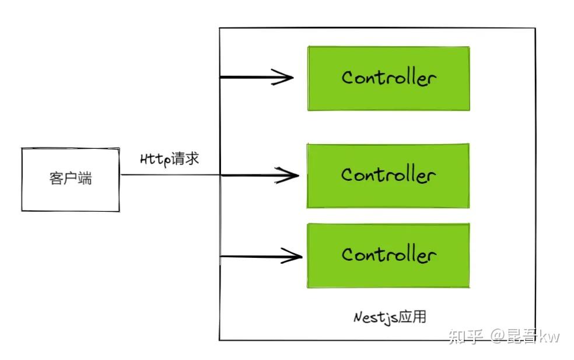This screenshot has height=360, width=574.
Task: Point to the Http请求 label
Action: pyautogui.click(x=170, y=159)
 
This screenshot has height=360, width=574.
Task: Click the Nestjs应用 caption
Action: pyautogui.click(x=390, y=317)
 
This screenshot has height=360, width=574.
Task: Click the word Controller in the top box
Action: pyautogui.click(x=388, y=78)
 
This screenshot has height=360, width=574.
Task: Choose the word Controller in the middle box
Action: pyautogui.click(x=388, y=174)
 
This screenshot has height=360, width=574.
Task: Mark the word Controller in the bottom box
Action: pyautogui.click(x=388, y=254)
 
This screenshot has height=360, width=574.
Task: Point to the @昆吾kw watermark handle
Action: pyautogui.click(x=525, y=336)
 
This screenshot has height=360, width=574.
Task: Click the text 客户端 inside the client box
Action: pyautogui.click(x=71, y=179)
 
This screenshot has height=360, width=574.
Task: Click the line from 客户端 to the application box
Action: pyautogui.click(x=169, y=174)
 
